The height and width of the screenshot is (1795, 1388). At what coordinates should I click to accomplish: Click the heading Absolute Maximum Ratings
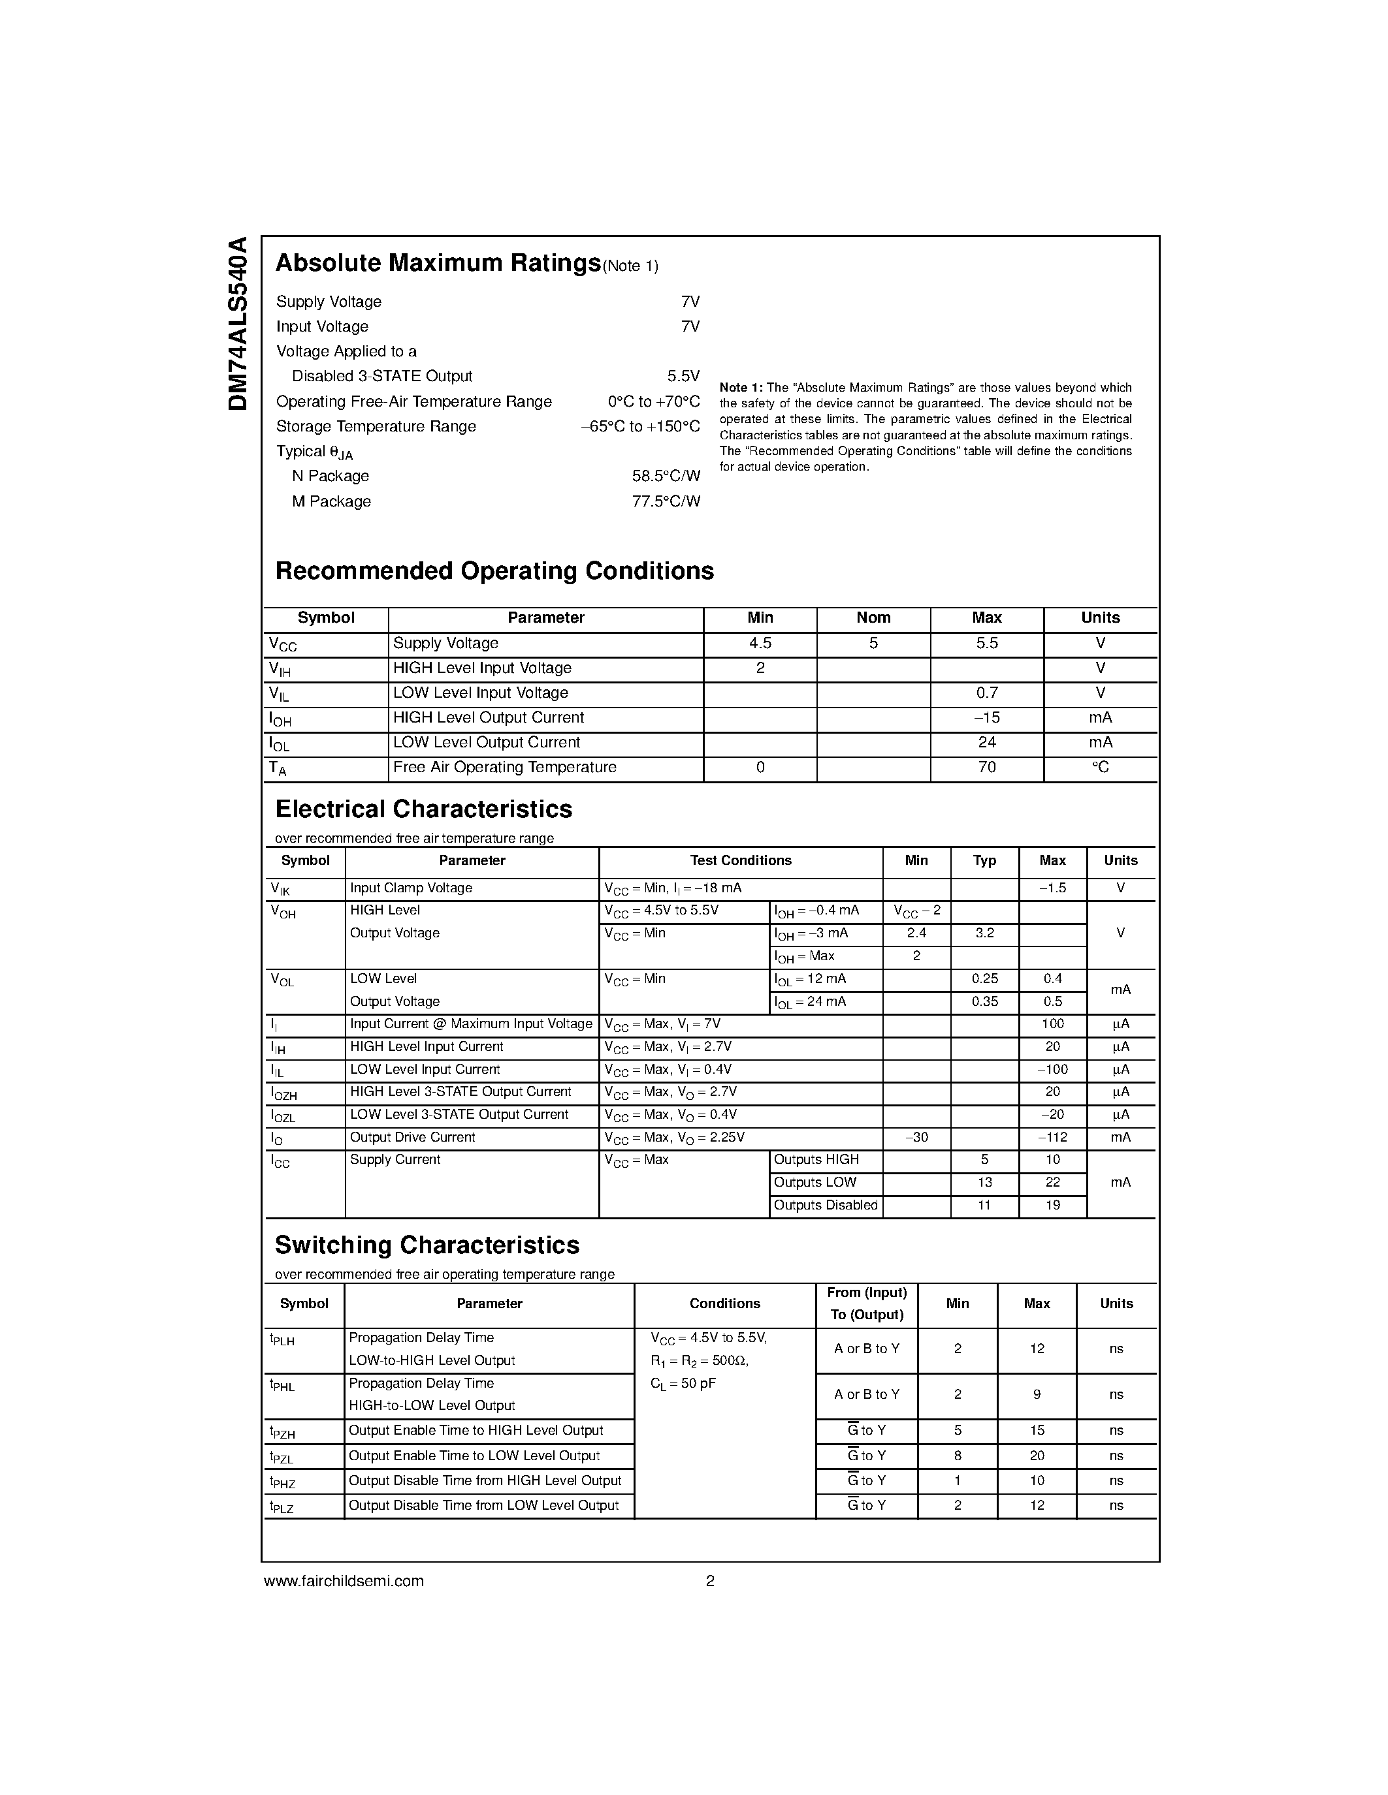click(x=438, y=263)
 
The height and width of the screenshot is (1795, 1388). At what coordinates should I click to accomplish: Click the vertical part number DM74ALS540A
click(x=238, y=324)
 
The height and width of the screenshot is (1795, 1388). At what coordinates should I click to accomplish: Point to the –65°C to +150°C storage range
click(x=639, y=427)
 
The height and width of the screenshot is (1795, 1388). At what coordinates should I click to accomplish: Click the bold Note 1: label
click(x=741, y=388)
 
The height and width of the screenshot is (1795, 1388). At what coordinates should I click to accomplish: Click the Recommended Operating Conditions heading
click(x=494, y=571)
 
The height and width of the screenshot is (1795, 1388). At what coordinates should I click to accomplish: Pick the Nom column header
click(x=873, y=618)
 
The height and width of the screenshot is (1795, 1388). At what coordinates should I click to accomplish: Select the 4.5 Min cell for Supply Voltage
click(x=760, y=644)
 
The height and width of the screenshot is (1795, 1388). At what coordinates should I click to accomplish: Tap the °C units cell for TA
click(x=1100, y=768)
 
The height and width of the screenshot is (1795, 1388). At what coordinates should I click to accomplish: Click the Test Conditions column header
click(x=740, y=860)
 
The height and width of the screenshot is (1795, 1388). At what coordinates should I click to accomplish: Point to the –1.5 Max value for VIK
click(x=1052, y=888)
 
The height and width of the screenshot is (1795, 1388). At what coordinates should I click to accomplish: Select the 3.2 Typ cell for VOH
click(x=984, y=933)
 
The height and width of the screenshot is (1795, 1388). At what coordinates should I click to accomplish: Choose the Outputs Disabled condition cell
click(x=826, y=1206)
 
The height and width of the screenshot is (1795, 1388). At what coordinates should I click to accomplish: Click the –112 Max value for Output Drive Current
click(x=1052, y=1138)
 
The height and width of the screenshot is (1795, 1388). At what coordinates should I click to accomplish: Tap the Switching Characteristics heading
click(x=427, y=1245)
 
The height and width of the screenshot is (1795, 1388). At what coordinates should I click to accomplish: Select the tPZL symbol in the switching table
click(x=282, y=1457)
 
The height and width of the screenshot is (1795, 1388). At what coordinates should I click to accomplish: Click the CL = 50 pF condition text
click(x=683, y=1384)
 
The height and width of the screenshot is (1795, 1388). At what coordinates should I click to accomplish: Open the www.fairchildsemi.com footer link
click(x=344, y=1580)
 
